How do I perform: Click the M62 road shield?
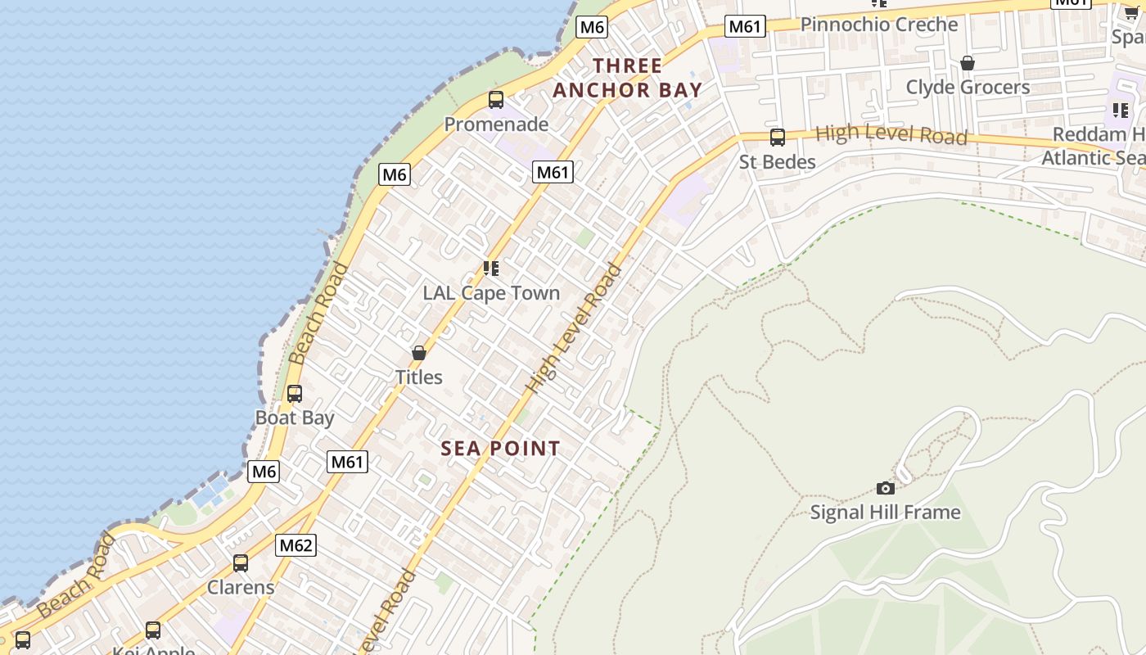coord(296,545)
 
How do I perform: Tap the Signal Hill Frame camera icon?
coord(885,489)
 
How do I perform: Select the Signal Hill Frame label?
coord(885,513)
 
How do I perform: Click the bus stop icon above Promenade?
coord(496,100)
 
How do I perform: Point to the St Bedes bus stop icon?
coord(777,138)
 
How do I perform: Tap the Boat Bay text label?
coord(295,418)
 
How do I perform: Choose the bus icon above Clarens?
coord(241,563)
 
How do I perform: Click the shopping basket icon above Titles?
coord(419,353)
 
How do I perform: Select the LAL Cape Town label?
coord(491,293)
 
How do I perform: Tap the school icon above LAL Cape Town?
coord(491,269)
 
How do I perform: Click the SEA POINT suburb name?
coord(500,449)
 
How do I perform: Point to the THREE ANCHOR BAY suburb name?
coord(628,78)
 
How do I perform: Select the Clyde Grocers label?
coord(968,87)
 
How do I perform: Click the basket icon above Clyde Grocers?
coord(968,63)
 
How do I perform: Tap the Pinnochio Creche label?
coord(878,25)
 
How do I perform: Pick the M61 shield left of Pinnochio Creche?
coord(745,26)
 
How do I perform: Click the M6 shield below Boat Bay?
coord(264,472)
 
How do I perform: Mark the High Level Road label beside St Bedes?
coord(891,134)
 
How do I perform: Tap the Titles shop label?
coord(419,377)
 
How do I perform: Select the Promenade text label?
coord(496,124)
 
